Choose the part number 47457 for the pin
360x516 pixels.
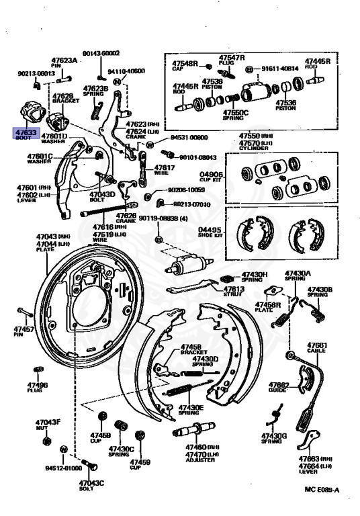(24, 330)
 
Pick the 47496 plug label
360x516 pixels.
(38, 384)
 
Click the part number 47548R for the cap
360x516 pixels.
(186, 63)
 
